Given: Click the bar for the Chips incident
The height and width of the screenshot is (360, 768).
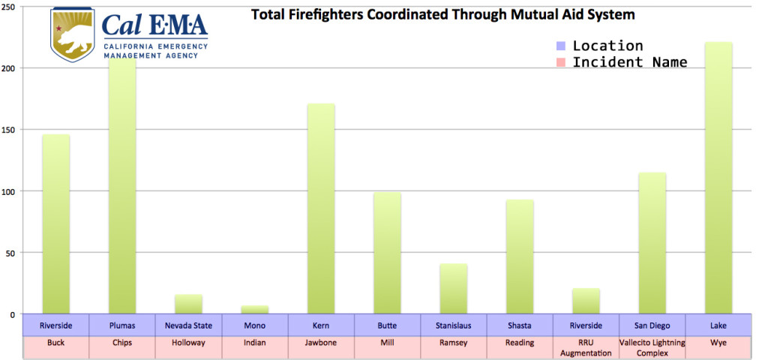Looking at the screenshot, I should pyautogui.click(x=122, y=187).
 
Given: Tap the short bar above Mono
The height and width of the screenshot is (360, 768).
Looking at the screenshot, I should pyautogui.click(x=254, y=309).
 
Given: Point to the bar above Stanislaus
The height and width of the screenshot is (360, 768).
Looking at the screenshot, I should pyautogui.click(x=453, y=289).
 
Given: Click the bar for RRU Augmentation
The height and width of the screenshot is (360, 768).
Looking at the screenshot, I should pyautogui.click(x=586, y=301).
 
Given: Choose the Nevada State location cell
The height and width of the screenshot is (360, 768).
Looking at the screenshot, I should pyautogui.click(x=188, y=325).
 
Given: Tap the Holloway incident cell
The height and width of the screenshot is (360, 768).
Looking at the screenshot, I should pyautogui.click(x=188, y=343).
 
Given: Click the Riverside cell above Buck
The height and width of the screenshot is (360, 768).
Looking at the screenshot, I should pyautogui.click(x=55, y=325).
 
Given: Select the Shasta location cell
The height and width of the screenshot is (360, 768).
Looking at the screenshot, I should pyautogui.click(x=519, y=325).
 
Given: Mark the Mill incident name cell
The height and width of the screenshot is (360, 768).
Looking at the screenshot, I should pyautogui.click(x=387, y=343).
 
